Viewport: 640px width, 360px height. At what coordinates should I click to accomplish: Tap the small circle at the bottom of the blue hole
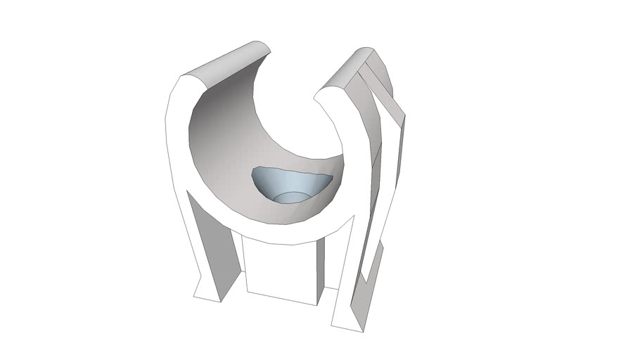tap(290, 196)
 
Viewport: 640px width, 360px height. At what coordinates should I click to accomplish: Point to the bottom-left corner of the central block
tap(246, 292)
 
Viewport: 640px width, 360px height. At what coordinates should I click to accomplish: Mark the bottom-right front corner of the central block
tap(316, 304)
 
